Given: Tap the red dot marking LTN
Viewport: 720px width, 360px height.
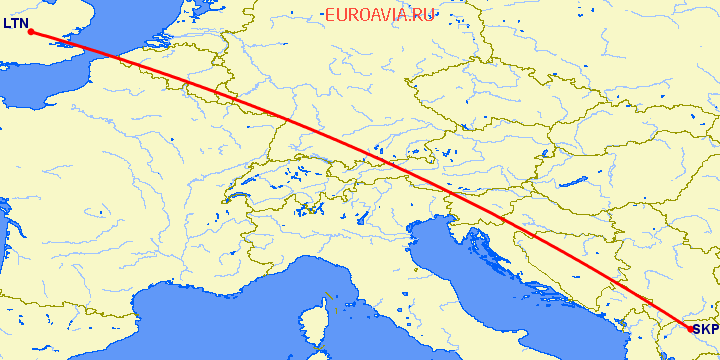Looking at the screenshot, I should pos(31,32).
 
